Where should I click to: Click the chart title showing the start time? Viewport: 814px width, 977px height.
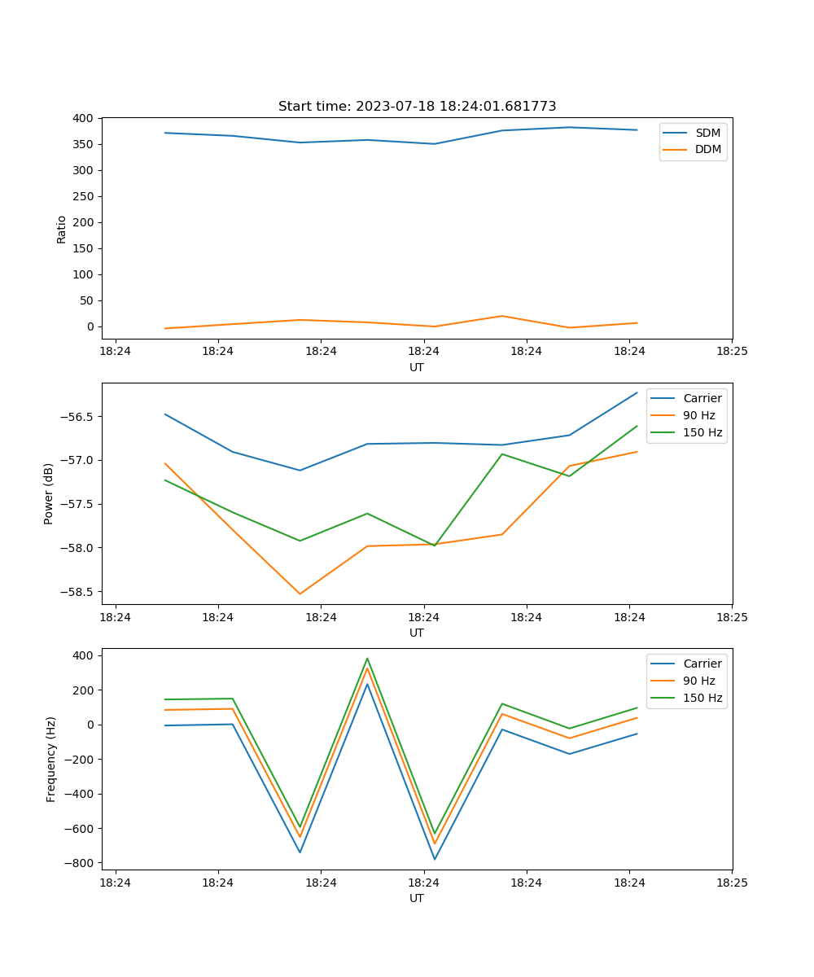[417, 107]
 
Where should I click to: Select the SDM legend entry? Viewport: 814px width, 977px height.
[707, 133]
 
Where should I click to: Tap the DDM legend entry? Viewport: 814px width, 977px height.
[707, 150]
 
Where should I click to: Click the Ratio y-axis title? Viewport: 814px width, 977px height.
[62, 229]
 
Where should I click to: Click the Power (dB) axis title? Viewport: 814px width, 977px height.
[49, 493]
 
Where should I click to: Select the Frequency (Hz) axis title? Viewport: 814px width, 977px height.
[51, 759]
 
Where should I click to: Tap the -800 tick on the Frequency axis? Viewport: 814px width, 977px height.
[79, 863]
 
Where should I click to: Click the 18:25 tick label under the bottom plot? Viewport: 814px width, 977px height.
[732, 883]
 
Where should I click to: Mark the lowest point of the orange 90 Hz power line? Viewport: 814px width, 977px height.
[300, 594]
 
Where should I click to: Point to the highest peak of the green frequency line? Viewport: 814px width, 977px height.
[367, 659]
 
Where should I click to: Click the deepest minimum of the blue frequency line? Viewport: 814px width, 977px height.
[435, 859]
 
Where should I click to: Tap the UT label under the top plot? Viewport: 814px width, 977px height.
[417, 367]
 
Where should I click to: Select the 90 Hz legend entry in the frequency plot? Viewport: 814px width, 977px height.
[699, 681]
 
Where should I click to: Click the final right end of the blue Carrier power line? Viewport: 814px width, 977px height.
[637, 393]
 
